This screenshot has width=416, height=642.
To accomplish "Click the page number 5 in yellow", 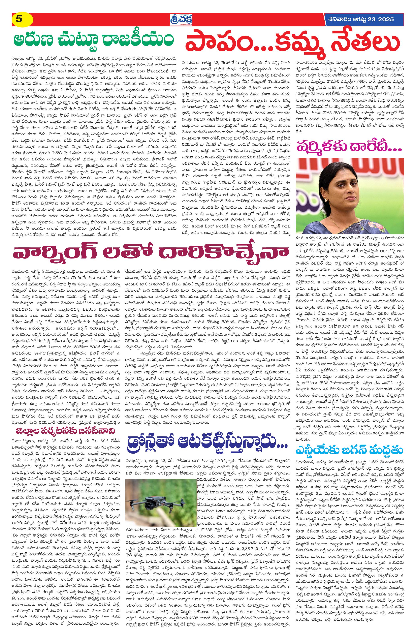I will click(19, 19).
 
